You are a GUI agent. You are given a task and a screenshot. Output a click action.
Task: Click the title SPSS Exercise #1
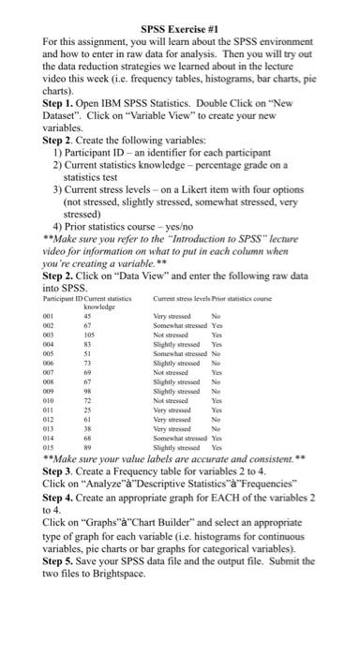point(181,29)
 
